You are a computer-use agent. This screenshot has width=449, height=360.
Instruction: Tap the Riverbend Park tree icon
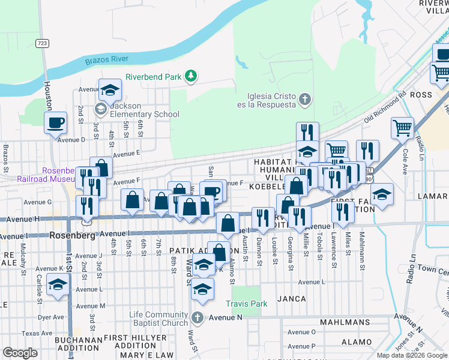point(191,76)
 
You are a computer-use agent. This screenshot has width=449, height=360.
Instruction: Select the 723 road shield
point(42,43)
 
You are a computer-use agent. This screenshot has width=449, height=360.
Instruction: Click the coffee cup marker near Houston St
point(56,122)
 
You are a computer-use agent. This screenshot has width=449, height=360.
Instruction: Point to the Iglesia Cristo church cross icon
point(305,98)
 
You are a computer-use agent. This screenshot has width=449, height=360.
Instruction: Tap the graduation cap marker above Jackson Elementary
point(110,90)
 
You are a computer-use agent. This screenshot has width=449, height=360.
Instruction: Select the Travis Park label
point(246,304)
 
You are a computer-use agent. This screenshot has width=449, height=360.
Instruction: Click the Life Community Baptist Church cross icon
point(197,317)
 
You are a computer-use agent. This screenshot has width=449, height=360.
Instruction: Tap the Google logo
point(20,353)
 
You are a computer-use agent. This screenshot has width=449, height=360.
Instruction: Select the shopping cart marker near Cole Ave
point(402,127)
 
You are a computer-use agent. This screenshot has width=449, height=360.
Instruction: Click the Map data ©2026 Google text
point(412,355)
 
